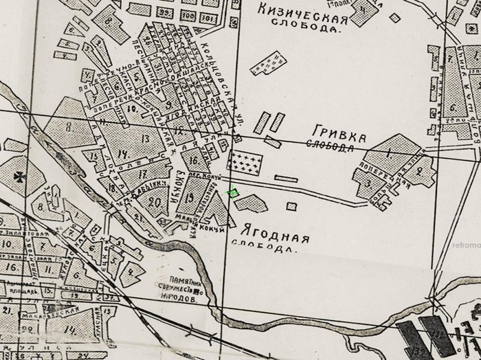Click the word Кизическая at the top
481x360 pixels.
click(x=301, y=10)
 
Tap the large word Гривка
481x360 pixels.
click(x=339, y=132)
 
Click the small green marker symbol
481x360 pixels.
click(x=233, y=194)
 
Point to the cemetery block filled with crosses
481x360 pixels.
click(x=247, y=164)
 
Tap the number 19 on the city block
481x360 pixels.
click(x=190, y=197)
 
